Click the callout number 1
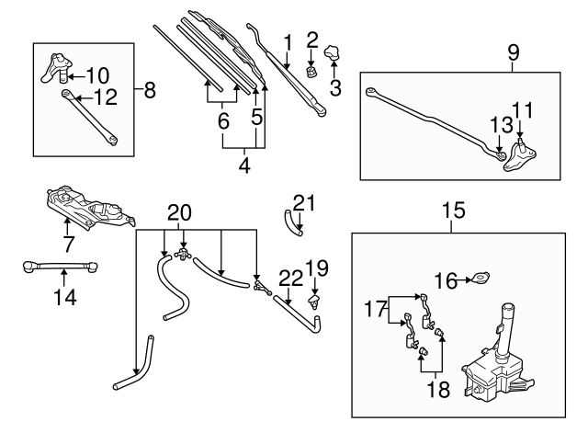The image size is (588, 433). point(287,41)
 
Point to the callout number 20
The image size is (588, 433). point(180,213)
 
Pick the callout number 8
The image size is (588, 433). point(150,90)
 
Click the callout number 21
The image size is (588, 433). point(304,201)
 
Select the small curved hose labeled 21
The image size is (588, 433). point(290,221)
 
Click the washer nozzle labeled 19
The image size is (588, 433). point(316,299)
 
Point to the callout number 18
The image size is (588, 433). point(437,390)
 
